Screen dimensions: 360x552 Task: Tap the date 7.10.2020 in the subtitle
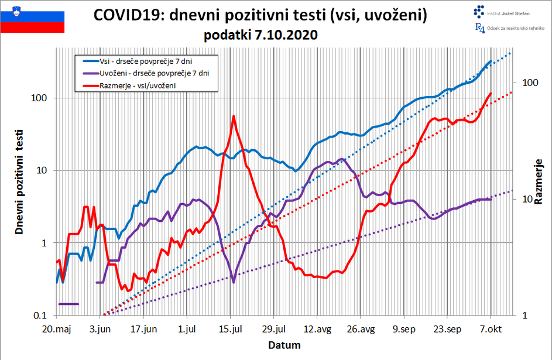pos(287,35)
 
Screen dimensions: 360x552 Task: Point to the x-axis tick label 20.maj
pos(57,330)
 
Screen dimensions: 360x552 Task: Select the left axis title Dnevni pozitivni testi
pos(19,181)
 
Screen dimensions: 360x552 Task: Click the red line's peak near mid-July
pos(234,116)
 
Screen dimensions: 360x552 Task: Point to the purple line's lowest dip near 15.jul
pos(234,282)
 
